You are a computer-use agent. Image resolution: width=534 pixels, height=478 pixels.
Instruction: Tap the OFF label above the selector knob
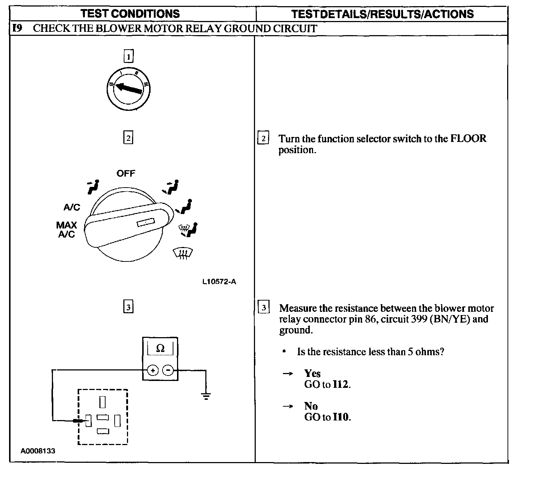tap(126, 173)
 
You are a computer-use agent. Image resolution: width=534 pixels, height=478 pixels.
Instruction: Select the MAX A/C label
tap(66, 230)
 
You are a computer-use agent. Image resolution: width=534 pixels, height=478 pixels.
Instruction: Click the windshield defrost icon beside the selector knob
tap(183, 253)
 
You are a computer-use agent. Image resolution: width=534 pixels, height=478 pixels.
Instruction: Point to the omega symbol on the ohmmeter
tap(160, 348)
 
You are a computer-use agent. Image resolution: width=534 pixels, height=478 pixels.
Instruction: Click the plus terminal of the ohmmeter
tap(152, 370)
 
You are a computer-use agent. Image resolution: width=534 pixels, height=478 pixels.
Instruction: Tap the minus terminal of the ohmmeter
tap(168, 370)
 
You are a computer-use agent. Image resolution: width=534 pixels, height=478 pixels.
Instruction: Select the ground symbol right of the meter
tap(206, 396)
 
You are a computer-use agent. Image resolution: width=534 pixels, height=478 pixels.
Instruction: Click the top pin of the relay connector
tap(103, 402)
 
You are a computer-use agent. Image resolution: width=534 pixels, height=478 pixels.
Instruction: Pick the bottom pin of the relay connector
tap(103, 431)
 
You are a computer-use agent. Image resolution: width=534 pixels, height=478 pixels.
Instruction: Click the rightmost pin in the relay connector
tap(117, 420)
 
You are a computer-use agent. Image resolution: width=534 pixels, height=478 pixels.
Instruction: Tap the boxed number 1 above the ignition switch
tap(128, 56)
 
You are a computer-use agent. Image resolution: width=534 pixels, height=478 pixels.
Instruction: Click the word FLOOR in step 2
tap(468, 139)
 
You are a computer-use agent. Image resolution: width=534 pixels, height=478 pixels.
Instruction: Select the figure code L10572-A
tap(219, 282)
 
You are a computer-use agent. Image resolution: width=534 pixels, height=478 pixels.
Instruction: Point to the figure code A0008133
tap(38, 451)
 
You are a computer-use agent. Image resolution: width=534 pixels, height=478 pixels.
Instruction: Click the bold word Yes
tap(312, 373)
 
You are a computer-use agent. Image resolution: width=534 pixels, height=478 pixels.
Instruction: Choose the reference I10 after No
tap(341, 417)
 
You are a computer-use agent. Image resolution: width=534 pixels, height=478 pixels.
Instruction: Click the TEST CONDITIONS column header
tap(130, 14)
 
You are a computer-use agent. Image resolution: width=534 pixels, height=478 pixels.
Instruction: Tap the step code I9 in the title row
tap(17, 29)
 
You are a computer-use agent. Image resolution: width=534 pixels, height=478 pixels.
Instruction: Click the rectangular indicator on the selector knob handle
tap(146, 222)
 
